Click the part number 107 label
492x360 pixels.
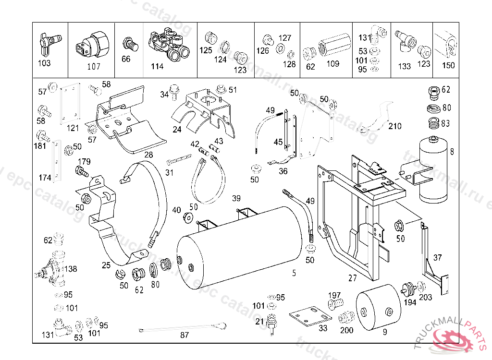94,66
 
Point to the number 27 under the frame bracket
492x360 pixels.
353,278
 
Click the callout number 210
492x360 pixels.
395,126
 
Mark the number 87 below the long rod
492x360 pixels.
184,335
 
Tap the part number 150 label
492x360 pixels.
448,65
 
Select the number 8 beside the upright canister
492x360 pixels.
452,152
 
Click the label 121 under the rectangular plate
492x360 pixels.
73,128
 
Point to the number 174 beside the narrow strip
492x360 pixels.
45,178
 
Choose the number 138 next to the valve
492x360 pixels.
70,269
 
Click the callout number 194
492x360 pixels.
410,302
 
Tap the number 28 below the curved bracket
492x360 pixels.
148,155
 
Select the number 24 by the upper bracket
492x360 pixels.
177,129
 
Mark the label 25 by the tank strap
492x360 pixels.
106,264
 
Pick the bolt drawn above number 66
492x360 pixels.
129,44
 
